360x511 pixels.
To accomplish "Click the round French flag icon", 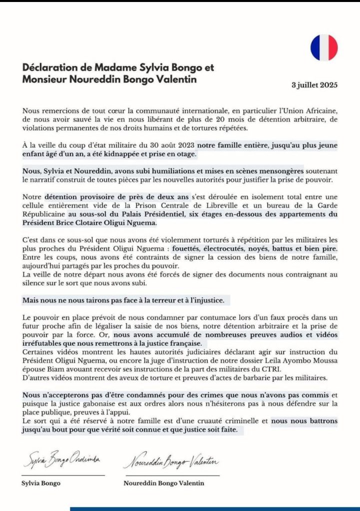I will tap(324, 47).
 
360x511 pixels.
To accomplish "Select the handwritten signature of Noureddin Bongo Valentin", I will tap(171, 463).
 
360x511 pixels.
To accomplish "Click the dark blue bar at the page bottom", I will tap(215, 509).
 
